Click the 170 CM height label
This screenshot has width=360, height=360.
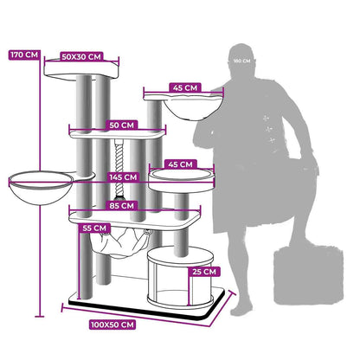(24, 55)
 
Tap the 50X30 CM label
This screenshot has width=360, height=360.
(81, 57)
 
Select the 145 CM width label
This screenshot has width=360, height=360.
(123, 177)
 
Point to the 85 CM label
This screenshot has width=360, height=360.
(122, 206)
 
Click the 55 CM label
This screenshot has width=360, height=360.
(94, 228)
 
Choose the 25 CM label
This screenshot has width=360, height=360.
(204, 272)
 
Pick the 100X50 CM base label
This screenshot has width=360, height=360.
(112, 325)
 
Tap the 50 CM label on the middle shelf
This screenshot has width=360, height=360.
(122, 125)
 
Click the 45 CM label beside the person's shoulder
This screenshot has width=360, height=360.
(185, 87)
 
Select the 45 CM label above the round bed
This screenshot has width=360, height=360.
(180, 164)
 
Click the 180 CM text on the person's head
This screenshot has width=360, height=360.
(241, 61)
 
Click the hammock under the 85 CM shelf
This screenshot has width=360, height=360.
(119, 242)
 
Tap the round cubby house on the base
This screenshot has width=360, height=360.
(180, 278)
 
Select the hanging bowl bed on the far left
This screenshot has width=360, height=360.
(41, 188)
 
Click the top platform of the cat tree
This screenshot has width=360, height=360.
(81, 69)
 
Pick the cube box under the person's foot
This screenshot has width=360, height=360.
(309, 274)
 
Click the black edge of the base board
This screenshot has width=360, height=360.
(145, 310)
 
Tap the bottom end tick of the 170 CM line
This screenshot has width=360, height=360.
(40, 317)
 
